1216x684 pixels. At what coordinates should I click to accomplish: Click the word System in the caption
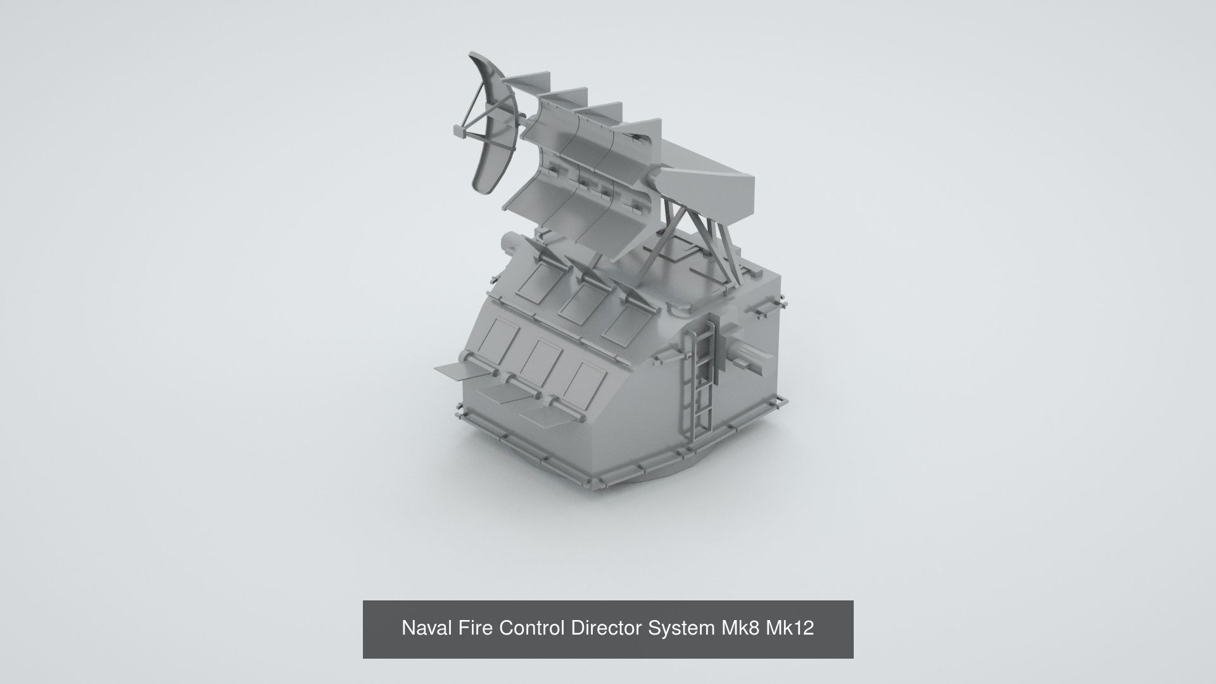pos(682,628)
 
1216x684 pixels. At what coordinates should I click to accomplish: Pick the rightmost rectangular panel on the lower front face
pos(584,381)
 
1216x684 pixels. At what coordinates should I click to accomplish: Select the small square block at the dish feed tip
pos(459,130)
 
